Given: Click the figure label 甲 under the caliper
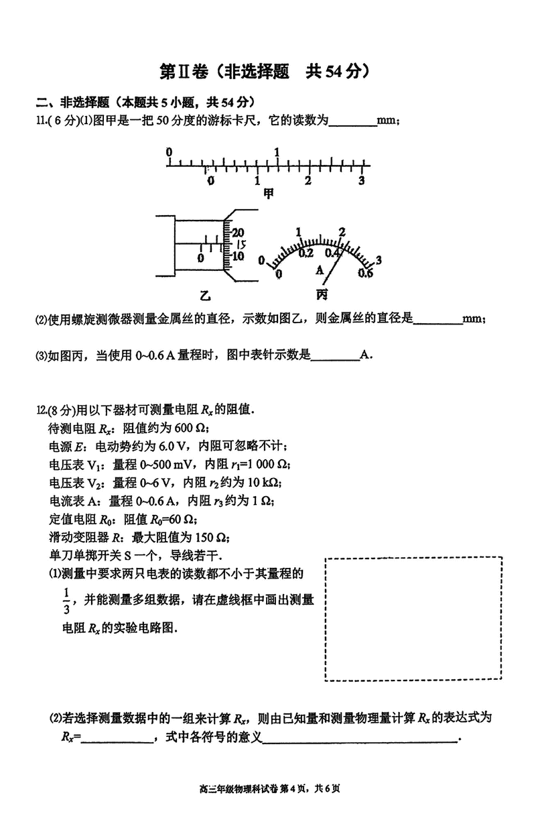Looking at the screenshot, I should [x=269, y=194].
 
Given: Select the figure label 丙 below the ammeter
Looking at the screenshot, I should [x=322, y=294].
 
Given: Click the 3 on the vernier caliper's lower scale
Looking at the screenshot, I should [x=360, y=181].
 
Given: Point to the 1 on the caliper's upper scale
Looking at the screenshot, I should [x=277, y=152].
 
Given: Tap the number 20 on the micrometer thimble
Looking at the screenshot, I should [x=238, y=232].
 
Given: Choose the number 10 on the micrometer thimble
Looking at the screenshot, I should [x=238, y=256].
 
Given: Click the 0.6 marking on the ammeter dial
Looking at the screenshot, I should [x=365, y=273].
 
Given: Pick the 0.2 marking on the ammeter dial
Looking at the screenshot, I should [x=306, y=253].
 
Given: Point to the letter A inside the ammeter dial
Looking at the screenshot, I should [x=320, y=269].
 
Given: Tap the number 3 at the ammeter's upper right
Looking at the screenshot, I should [x=379, y=260].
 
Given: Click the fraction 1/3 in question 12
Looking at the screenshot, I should [x=66, y=601].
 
